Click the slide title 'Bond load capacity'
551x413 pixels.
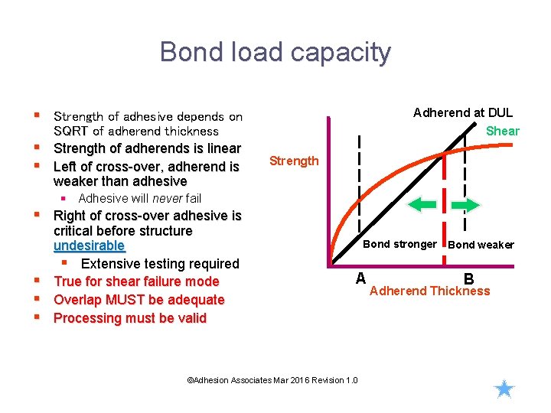(275, 52)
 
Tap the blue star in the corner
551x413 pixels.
(504, 389)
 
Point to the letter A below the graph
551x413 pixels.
(360, 278)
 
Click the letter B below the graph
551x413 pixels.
(468, 280)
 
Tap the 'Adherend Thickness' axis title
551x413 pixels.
(429, 291)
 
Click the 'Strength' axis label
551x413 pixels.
(294, 161)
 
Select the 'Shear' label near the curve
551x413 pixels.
(503, 131)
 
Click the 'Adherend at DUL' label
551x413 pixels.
(463, 112)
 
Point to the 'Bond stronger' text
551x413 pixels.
(399, 245)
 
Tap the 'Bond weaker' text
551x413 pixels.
(481, 245)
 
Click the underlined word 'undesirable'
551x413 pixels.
(89, 246)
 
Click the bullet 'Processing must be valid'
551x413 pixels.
(130, 318)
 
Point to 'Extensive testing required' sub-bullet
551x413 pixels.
(160, 264)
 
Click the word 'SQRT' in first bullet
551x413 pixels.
(71, 132)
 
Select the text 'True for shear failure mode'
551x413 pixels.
(136, 281)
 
